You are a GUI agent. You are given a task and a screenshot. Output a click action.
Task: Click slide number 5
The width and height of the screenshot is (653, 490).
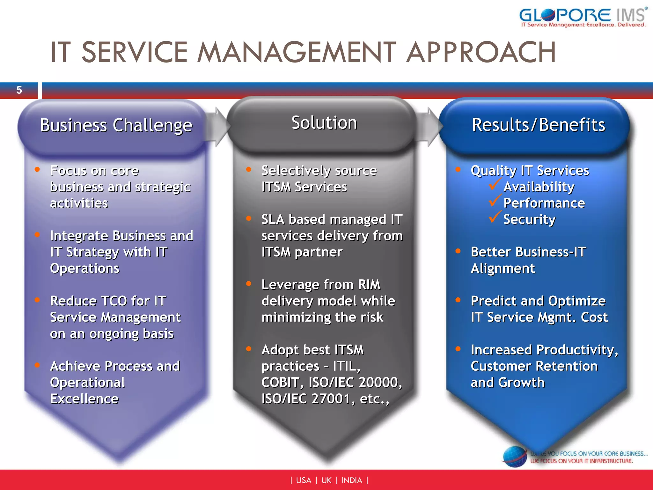pyautogui.click(x=19, y=90)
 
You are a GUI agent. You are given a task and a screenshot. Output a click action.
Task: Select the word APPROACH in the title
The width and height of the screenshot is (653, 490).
pyautogui.click(x=481, y=52)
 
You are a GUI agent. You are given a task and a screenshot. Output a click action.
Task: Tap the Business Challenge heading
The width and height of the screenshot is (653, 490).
pyautogui.click(x=116, y=125)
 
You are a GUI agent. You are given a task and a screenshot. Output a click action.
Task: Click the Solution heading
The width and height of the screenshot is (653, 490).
pyautogui.click(x=324, y=123)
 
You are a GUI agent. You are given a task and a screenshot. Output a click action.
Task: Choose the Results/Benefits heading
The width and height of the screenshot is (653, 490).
pyautogui.click(x=538, y=125)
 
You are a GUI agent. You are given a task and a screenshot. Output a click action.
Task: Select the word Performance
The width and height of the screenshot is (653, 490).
pyautogui.click(x=544, y=203)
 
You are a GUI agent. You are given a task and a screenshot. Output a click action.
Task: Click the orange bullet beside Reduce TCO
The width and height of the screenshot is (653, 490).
pyautogui.click(x=37, y=300)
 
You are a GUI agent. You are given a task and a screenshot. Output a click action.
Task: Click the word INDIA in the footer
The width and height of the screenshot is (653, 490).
pyautogui.click(x=352, y=480)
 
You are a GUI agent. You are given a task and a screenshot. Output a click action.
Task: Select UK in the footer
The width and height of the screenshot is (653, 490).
pyautogui.click(x=326, y=480)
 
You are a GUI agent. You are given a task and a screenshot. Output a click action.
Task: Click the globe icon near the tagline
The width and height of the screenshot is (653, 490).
pyautogui.click(x=515, y=457)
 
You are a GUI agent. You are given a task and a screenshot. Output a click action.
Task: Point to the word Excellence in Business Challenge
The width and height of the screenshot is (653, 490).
pyautogui.click(x=84, y=399)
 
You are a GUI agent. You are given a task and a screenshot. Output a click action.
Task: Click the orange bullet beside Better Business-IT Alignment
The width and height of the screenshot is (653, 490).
pyautogui.click(x=458, y=251)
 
